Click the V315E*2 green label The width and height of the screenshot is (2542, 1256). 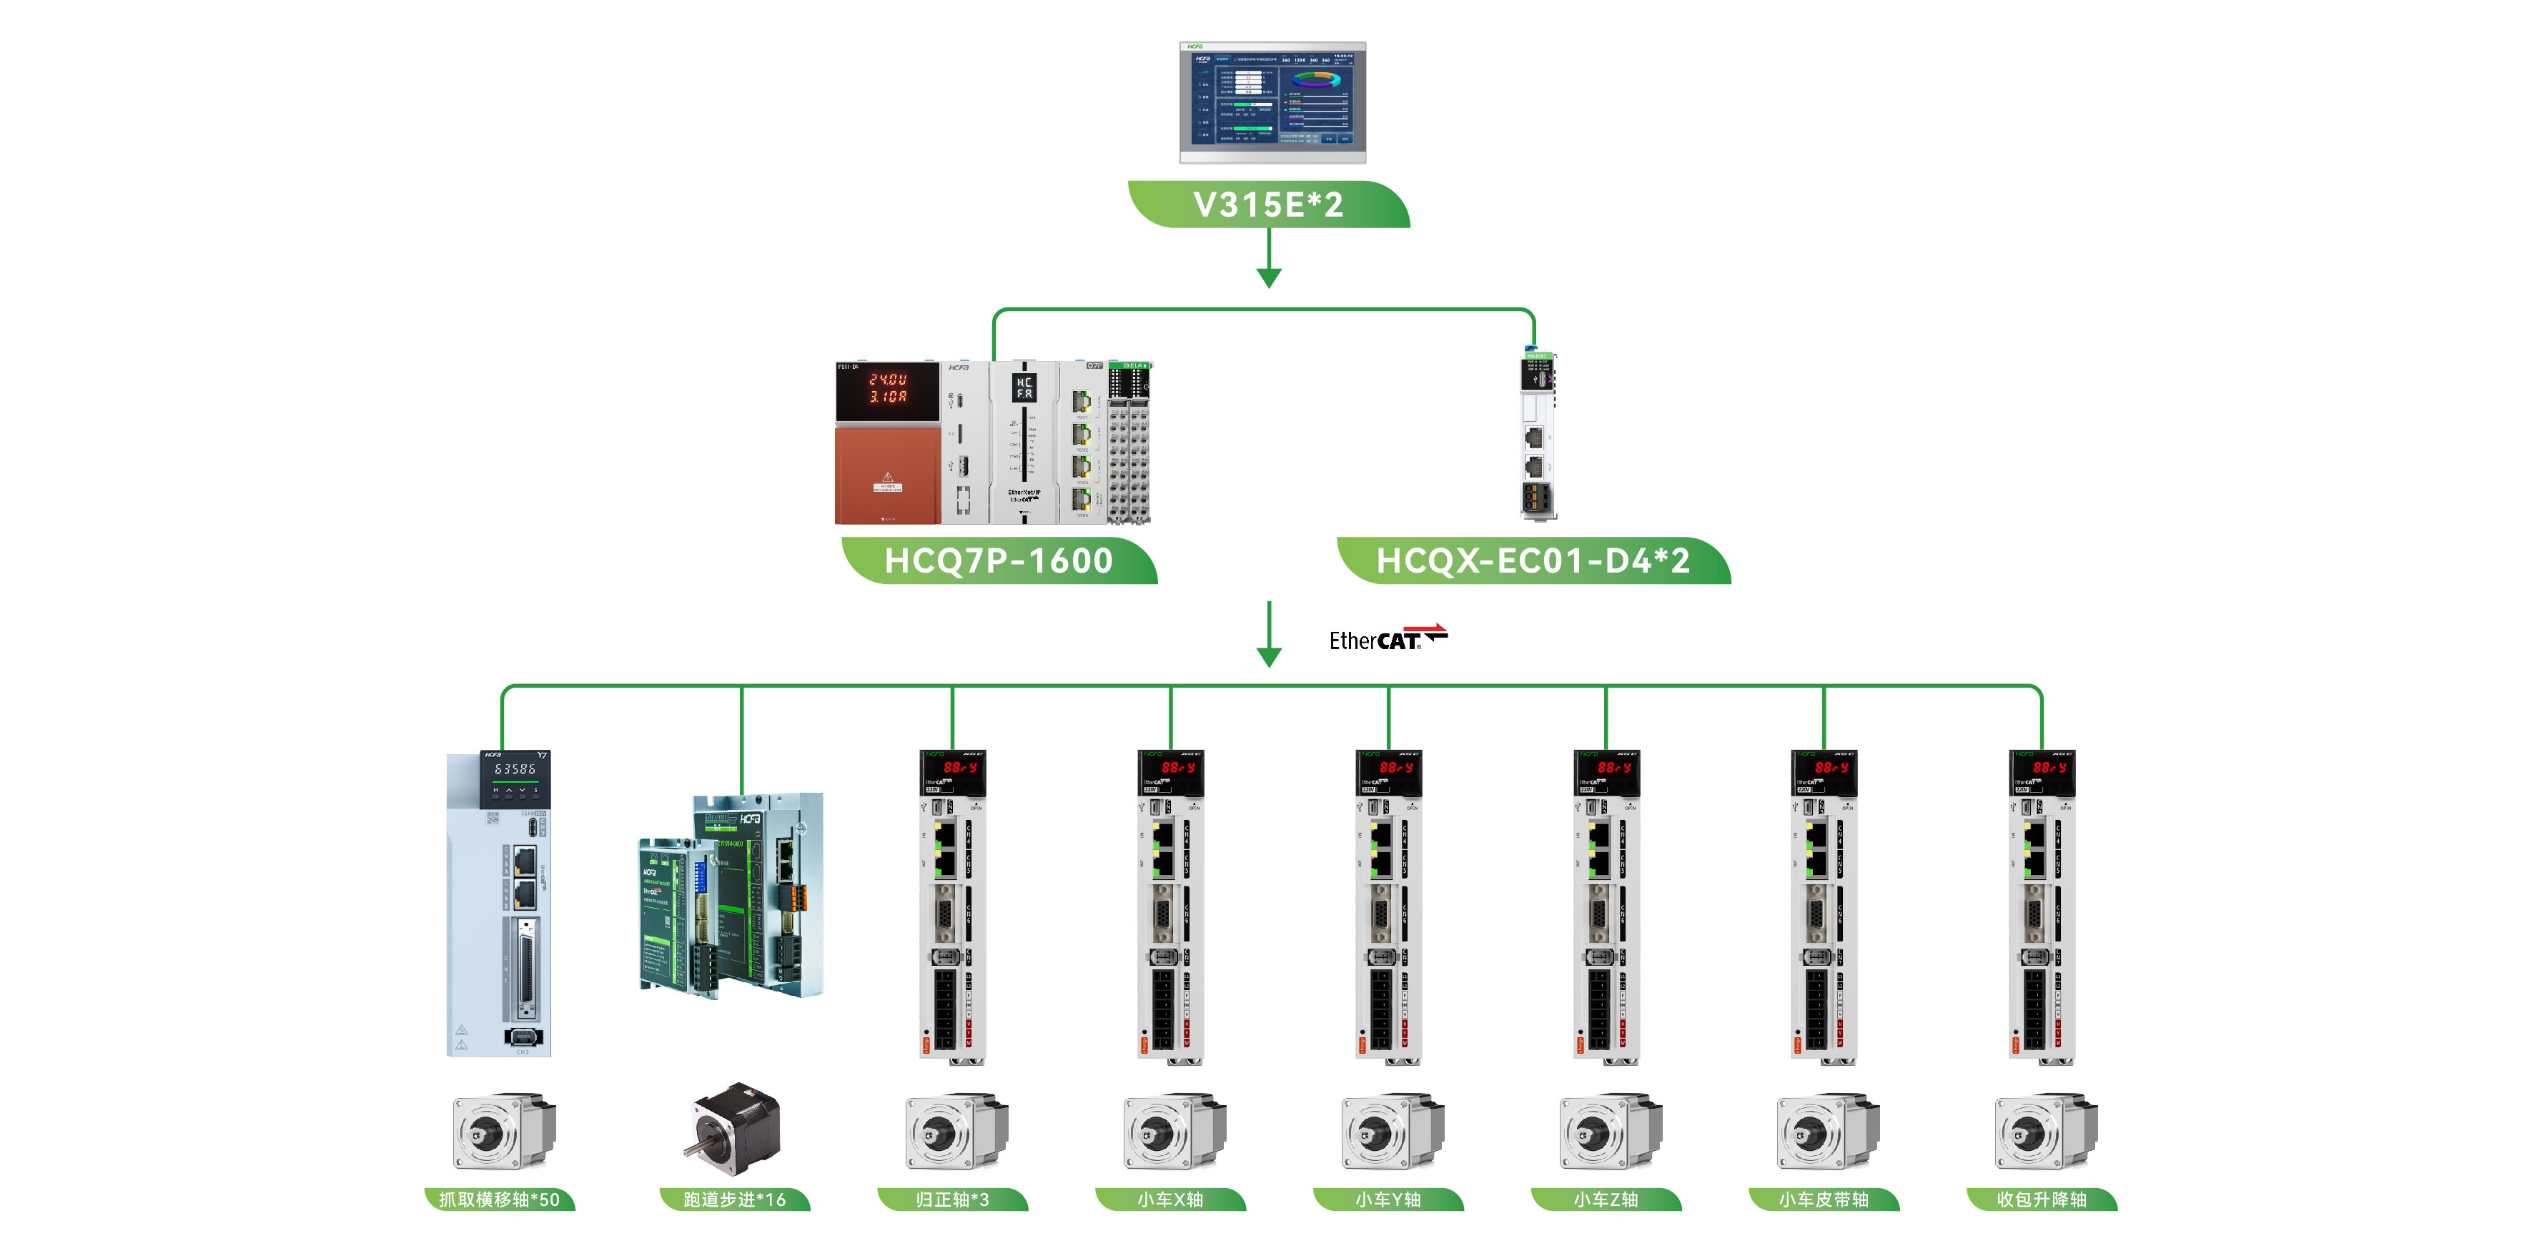point(1268,204)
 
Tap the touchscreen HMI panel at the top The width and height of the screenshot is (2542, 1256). point(1272,102)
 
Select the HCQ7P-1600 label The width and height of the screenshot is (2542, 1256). point(999,560)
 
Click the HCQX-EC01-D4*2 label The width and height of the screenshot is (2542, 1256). point(1533,560)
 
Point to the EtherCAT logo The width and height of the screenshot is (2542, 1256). point(1387,638)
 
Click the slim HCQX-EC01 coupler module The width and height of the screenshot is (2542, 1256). point(1536,435)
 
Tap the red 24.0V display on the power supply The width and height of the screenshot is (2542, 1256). point(886,387)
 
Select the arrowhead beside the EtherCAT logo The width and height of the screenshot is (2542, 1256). point(1269,656)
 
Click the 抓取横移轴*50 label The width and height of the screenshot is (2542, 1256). point(499,1199)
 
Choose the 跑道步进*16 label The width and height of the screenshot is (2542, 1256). point(734,1199)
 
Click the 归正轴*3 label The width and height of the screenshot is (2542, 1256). point(952,1199)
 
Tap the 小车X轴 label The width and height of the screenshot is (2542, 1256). point(1170,1199)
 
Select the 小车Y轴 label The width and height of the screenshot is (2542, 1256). point(1388,1199)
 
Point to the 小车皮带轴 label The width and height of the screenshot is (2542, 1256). point(1824,1199)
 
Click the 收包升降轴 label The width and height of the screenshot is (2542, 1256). point(2042,1199)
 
